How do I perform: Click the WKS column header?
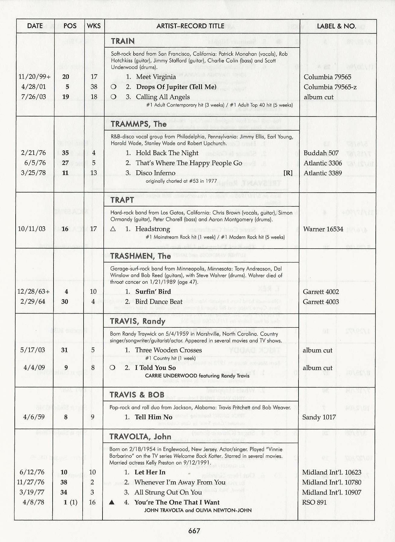pyautogui.click(x=94, y=26)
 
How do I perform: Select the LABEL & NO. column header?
pyautogui.click(x=336, y=26)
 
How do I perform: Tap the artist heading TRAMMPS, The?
pyautogui.click(x=139, y=124)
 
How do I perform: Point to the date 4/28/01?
pyautogui.click(x=34, y=87)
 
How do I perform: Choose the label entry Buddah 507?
pyautogui.click(x=321, y=153)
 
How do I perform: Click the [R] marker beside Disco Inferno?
pyautogui.click(x=288, y=173)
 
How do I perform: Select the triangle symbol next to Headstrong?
pyautogui.click(x=113, y=229)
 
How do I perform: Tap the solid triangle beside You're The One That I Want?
pyautogui.click(x=112, y=502)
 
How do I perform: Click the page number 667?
pyautogui.click(x=194, y=531)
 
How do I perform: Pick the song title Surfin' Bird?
pyautogui.click(x=153, y=292)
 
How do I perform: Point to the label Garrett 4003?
pyautogui.click(x=321, y=302)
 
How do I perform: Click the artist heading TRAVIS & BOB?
pyautogui.click(x=137, y=395)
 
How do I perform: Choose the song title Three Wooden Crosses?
pyautogui.click(x=168, y=350)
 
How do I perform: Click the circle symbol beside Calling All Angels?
pyautogui.click(x=113, y=97)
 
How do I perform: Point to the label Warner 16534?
pyautogui.click(x=323, y=229)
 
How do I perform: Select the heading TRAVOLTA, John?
pyautogui.click(x=140, y=436)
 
